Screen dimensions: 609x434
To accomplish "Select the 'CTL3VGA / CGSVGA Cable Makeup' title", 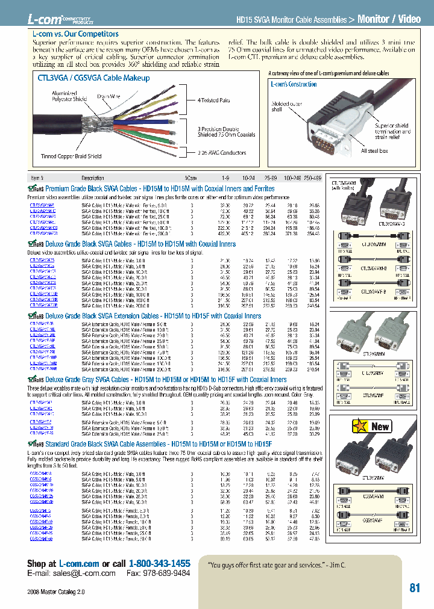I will pos(93,78).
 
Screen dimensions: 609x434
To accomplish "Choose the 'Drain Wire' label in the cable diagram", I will pos(108,96).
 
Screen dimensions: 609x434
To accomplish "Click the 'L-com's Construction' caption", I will pos(294,84).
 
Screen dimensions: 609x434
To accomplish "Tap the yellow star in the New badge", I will pos(360,426).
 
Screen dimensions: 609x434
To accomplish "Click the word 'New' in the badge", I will pos(380,427).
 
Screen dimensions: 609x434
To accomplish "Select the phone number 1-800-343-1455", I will pos(159,563).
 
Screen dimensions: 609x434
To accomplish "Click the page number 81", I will pos(415,588).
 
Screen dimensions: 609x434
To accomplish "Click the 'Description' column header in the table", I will pos(93,178).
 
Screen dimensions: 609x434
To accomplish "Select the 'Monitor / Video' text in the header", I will pos(389,19).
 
